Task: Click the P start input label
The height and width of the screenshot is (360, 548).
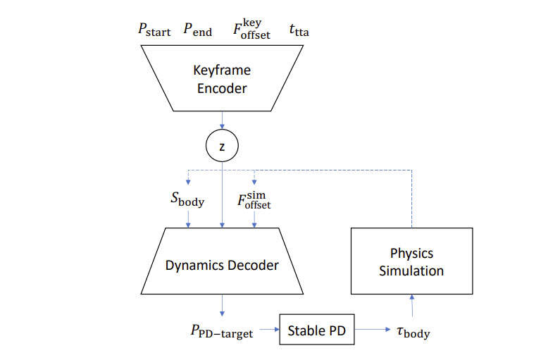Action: pyautogui.click(x=154, y=30)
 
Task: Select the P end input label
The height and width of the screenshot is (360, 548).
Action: pyautogui.click(x=197, y=30)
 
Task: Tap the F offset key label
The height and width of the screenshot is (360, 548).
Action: pyautogui.click(x=251, y=30)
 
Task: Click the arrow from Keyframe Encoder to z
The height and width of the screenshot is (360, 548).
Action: pyautogui.click(x=222, y=120)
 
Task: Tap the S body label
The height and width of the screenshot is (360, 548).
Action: pyautogui.click(x=187, y=199)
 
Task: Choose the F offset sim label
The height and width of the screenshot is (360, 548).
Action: pyautogui.click(x=254, y=200)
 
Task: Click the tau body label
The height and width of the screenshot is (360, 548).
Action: pyautogui.click(x=413, y=332)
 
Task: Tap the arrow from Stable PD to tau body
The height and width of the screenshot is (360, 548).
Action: pyautogui.click(x=373, y=329)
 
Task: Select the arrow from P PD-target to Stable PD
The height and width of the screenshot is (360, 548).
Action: pyautogui.click(x=270, y=329)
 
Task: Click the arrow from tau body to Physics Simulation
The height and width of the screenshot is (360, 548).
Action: pyautogui.click(x=412, y=306)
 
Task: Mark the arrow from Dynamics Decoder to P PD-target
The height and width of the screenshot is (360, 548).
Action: pyautogui.click(x=222, y=306)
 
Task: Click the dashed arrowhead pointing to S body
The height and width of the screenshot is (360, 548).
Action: pyautogui.click(x=188, y=182)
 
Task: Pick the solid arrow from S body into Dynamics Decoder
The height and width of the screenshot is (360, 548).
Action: pyautogui.click(x=188, y=220)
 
